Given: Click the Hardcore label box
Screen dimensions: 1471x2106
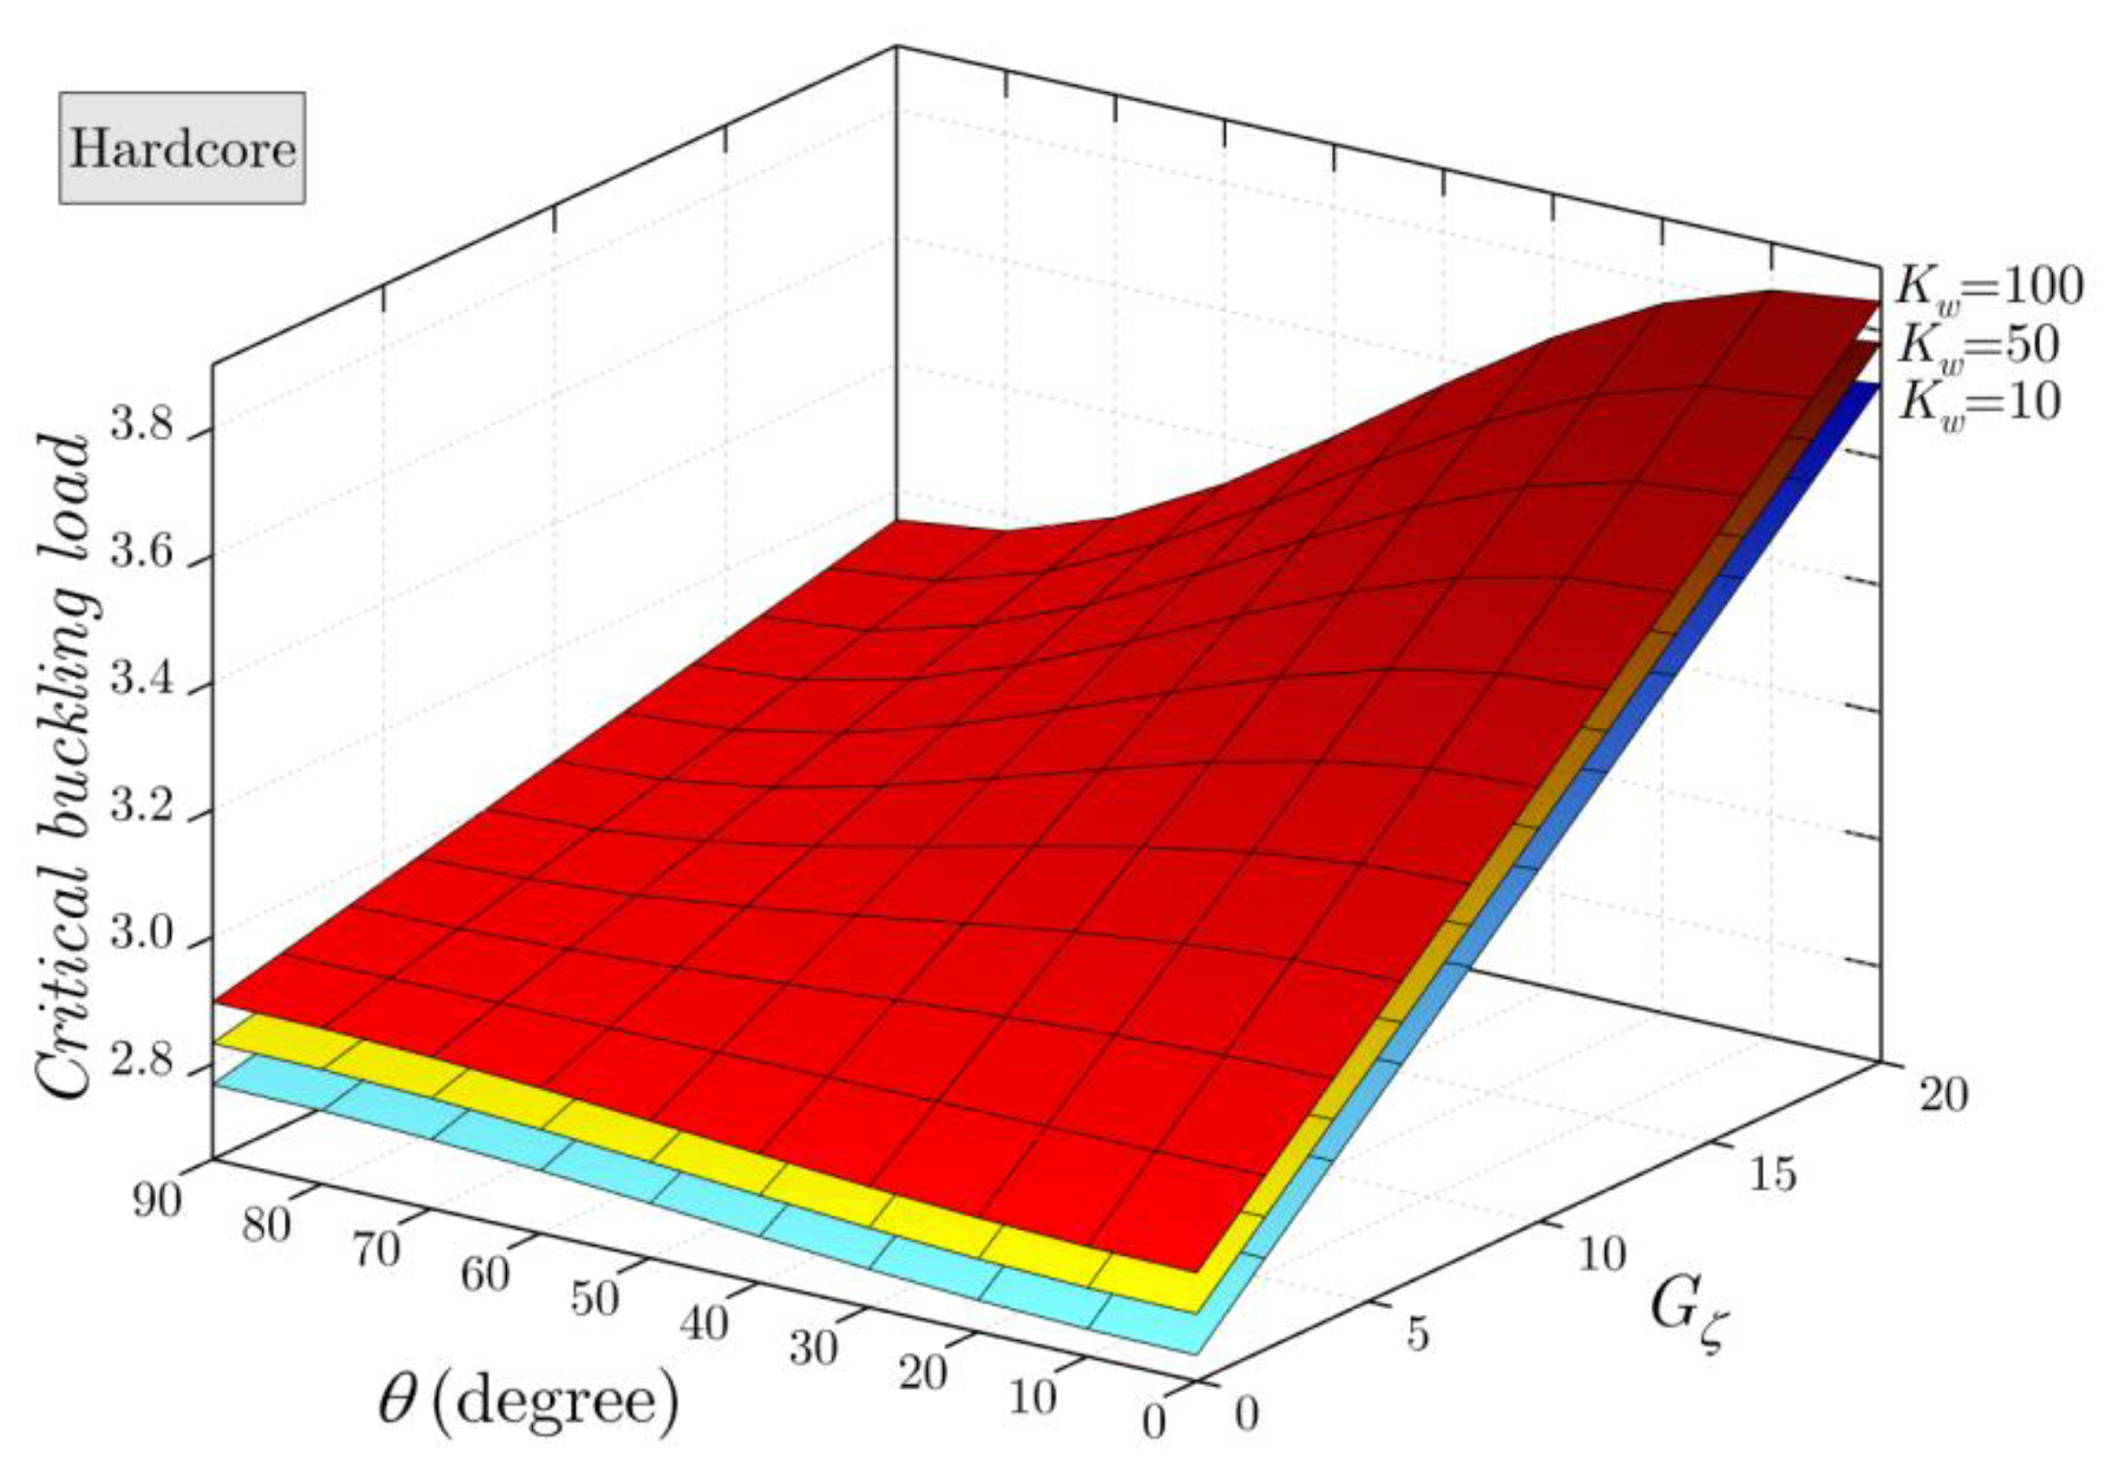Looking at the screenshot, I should tap(182, 148).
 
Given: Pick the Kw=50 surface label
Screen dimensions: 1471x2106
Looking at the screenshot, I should tap(1977, 345).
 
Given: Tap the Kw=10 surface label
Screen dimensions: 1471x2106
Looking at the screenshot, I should tap(1977, 401).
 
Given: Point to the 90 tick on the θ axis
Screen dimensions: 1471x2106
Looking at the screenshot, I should tap(157, 1199).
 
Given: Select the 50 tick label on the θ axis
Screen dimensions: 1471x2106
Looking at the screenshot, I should tap(594, 1298).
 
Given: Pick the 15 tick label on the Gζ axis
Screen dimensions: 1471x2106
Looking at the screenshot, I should tap(1771, 1197).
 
